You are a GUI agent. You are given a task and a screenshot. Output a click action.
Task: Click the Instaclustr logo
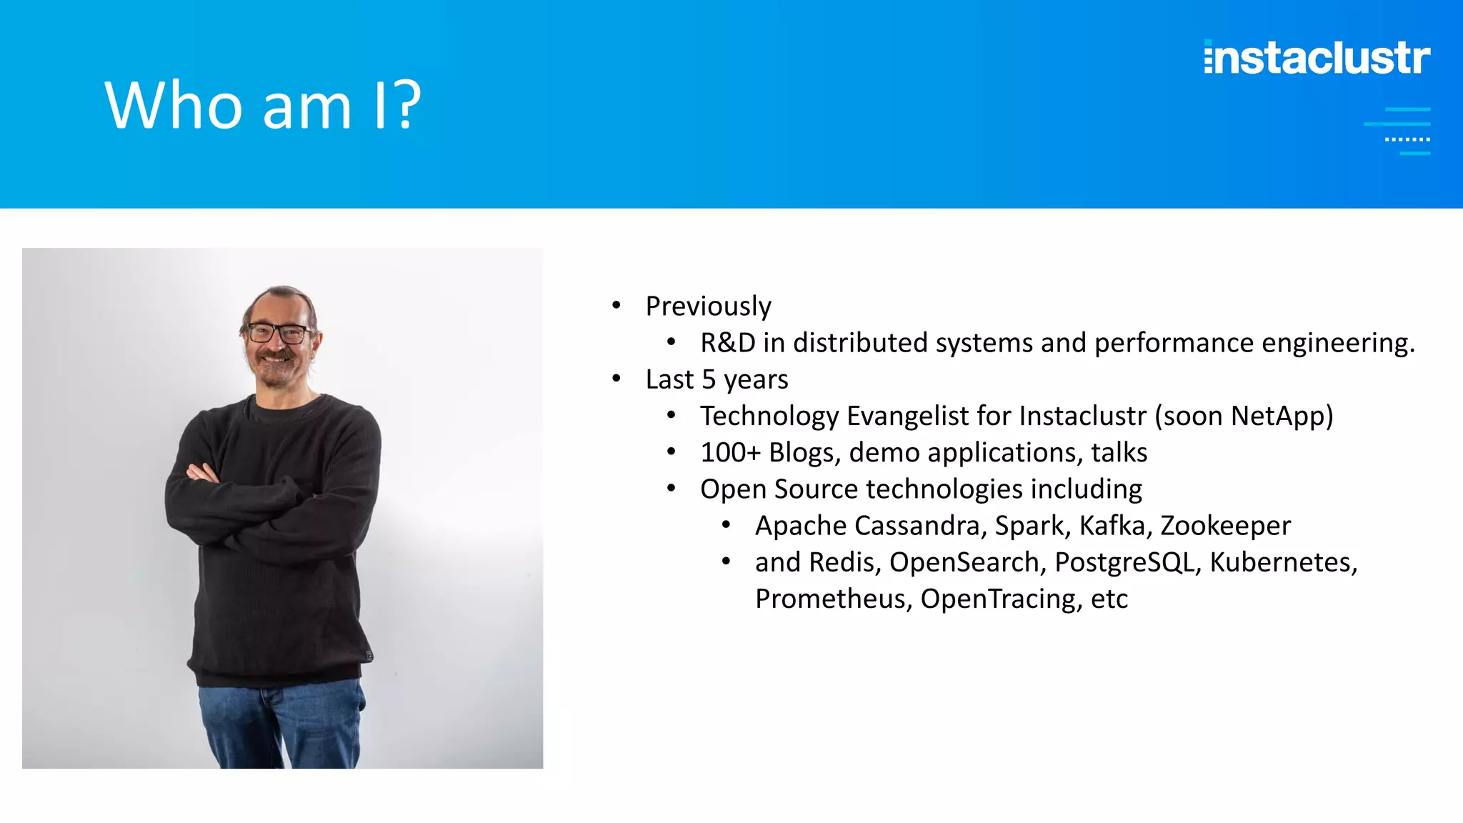[1317, 57]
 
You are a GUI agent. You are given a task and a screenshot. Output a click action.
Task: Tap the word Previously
[708, 306]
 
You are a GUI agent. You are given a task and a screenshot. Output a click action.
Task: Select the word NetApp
[1278, 416]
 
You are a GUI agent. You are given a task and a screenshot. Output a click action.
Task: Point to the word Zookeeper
[1225, 526]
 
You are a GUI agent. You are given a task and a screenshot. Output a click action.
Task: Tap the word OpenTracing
[998, 599]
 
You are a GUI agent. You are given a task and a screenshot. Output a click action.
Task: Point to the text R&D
[727, 343]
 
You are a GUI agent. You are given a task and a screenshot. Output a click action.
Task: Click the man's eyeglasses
[278, 333]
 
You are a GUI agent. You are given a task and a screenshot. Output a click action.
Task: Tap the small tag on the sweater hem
[369, 655]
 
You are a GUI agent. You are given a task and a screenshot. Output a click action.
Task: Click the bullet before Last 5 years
[616, 379]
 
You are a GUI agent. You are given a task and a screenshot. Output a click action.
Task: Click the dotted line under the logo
[1407, 139]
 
